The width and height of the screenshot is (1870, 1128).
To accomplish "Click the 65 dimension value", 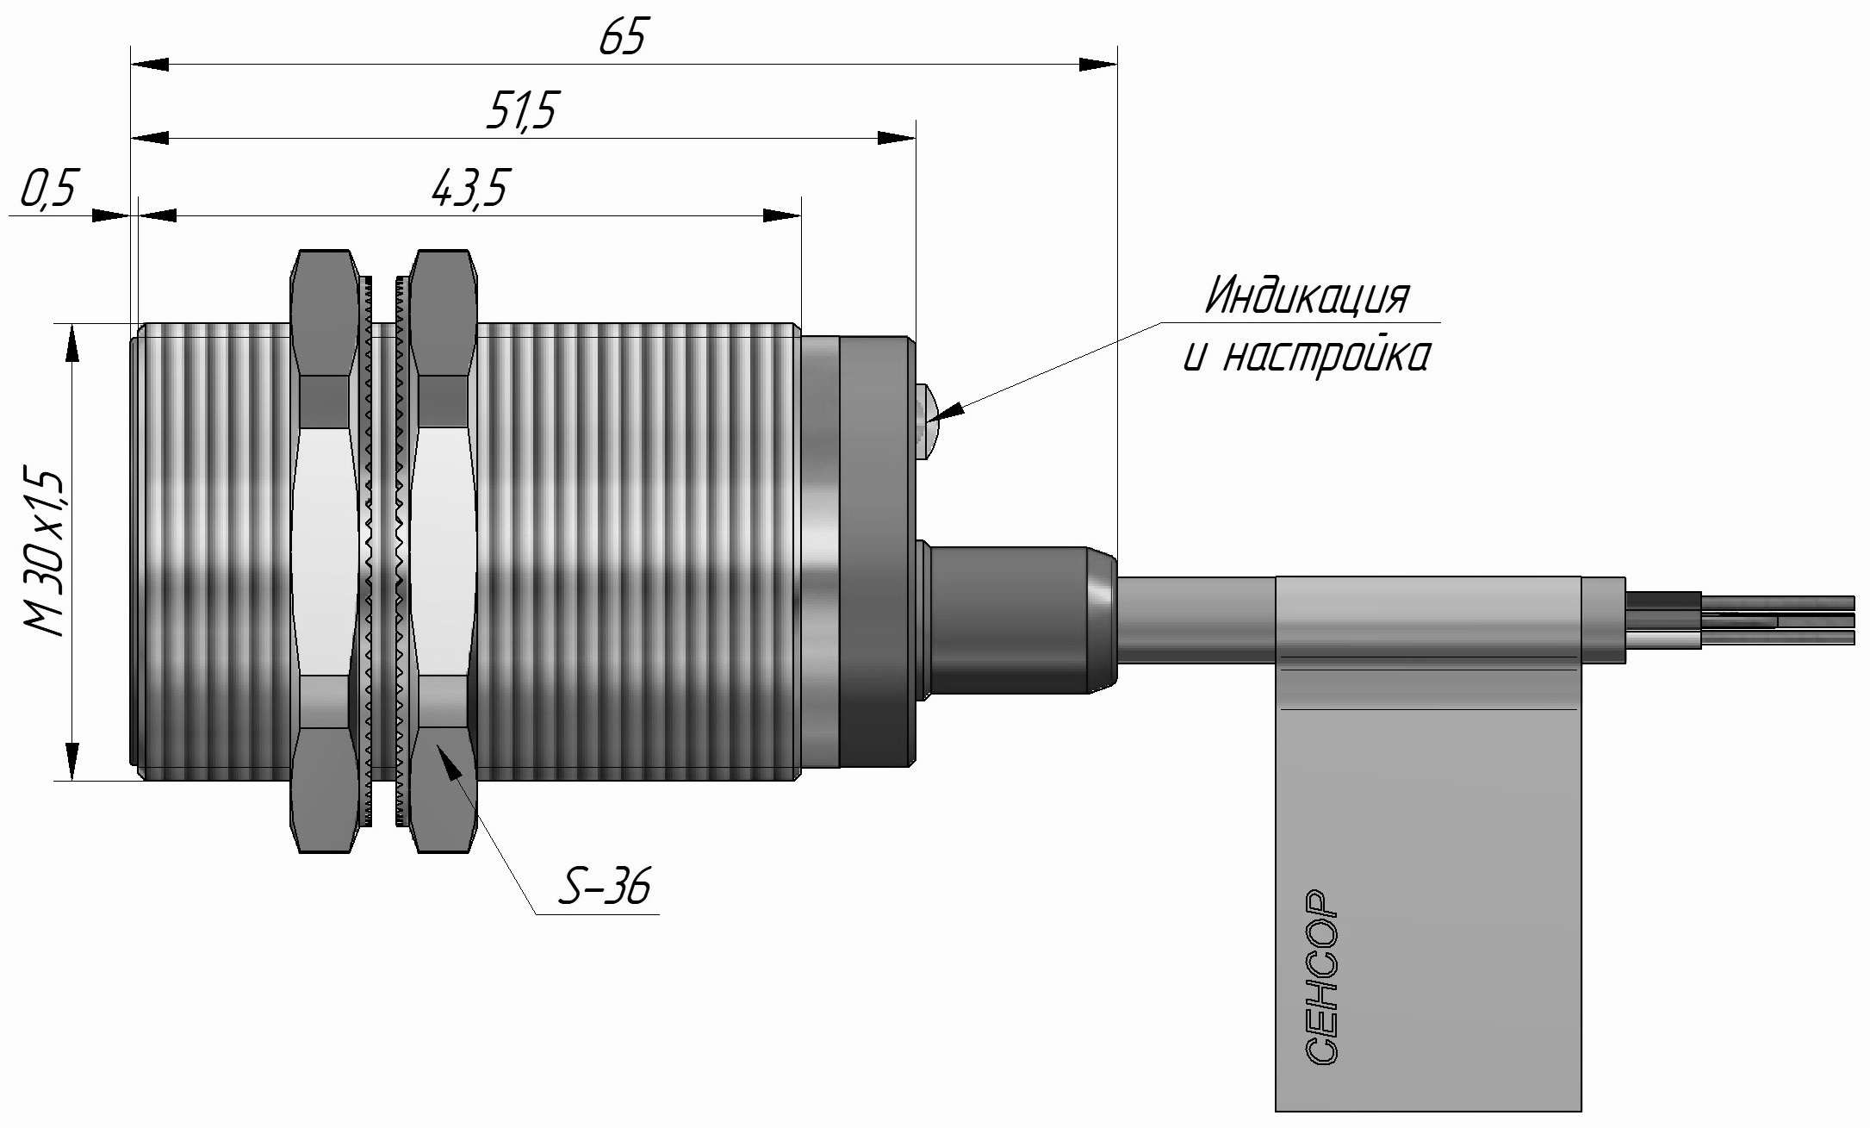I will click(622, 38).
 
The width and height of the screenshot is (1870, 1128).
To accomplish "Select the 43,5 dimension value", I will click(469, 190).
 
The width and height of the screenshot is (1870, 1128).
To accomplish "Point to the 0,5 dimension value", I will click(49, 191).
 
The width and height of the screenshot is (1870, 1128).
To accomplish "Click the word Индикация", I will click(1306, 297).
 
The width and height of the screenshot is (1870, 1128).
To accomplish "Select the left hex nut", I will click(324, 552).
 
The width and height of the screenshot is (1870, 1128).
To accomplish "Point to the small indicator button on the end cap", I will click(927, 422).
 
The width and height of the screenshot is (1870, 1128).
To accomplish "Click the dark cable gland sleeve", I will click(1016, 616).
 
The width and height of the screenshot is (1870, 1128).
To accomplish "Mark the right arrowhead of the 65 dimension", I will click(1098, 65).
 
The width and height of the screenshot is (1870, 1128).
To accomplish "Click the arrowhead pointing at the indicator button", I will click(947, 411).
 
